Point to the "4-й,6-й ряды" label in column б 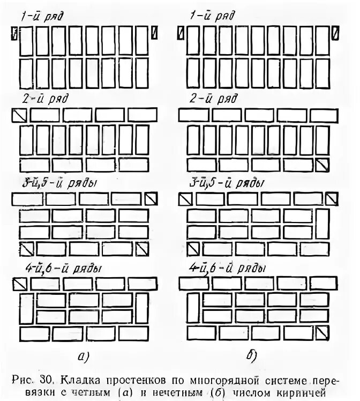point(227,268)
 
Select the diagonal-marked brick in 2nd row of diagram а point(19,115)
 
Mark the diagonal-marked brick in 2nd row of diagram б point(322,165)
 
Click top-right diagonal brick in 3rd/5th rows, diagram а point(151,199)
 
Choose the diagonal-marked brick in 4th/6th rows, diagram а point(19,283)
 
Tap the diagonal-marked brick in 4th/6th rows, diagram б point(322,333)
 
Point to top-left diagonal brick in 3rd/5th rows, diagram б point(185,199)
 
